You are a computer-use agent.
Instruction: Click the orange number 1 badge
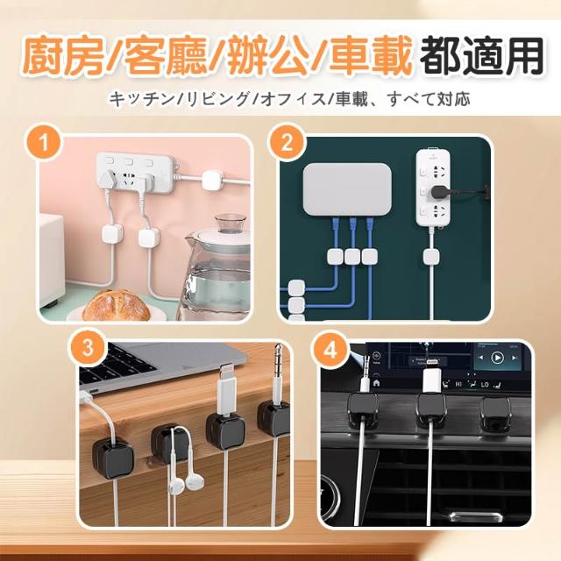point(44,144)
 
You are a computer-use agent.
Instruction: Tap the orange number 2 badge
point(287,143)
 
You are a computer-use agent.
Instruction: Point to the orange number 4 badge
point(330,350)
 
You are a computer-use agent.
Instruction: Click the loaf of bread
point(117,305)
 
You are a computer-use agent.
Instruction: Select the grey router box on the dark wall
point(347,189)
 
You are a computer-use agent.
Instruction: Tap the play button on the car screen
point(497,357)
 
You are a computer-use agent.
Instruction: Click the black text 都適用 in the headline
point(481,56)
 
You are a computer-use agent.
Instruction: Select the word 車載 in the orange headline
point(369,57)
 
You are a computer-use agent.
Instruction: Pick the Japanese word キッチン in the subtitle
point(142,99)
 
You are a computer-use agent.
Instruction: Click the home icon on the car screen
point(376,383)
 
